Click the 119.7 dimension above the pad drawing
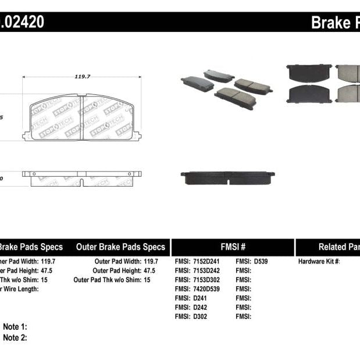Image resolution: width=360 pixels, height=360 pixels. (x=81, y=75)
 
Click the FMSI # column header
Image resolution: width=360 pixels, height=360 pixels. (x=232, y=247)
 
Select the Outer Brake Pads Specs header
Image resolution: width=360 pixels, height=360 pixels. (x=120, y=247)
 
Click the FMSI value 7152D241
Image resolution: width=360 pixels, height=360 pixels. (x=207, y=262)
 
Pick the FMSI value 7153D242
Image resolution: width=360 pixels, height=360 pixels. (x=207, y=271)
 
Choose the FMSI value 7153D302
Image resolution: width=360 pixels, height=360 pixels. (x=207, y=280)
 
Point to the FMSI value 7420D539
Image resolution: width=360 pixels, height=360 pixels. (x=207, y=289)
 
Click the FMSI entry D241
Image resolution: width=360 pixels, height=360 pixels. (x=199, y=298)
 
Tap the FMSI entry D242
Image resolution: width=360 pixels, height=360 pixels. (x=199, y=307)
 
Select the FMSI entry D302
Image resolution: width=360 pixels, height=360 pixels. (x=199, y=316)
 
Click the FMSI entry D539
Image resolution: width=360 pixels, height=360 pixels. (x=261, y=262)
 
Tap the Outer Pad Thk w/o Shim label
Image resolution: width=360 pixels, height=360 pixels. (x=108, y=280)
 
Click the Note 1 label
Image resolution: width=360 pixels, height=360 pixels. (x=15, y=327)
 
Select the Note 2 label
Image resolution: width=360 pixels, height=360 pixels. (x=15, y=337)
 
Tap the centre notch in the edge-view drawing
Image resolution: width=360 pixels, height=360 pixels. (x=82, y=182)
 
